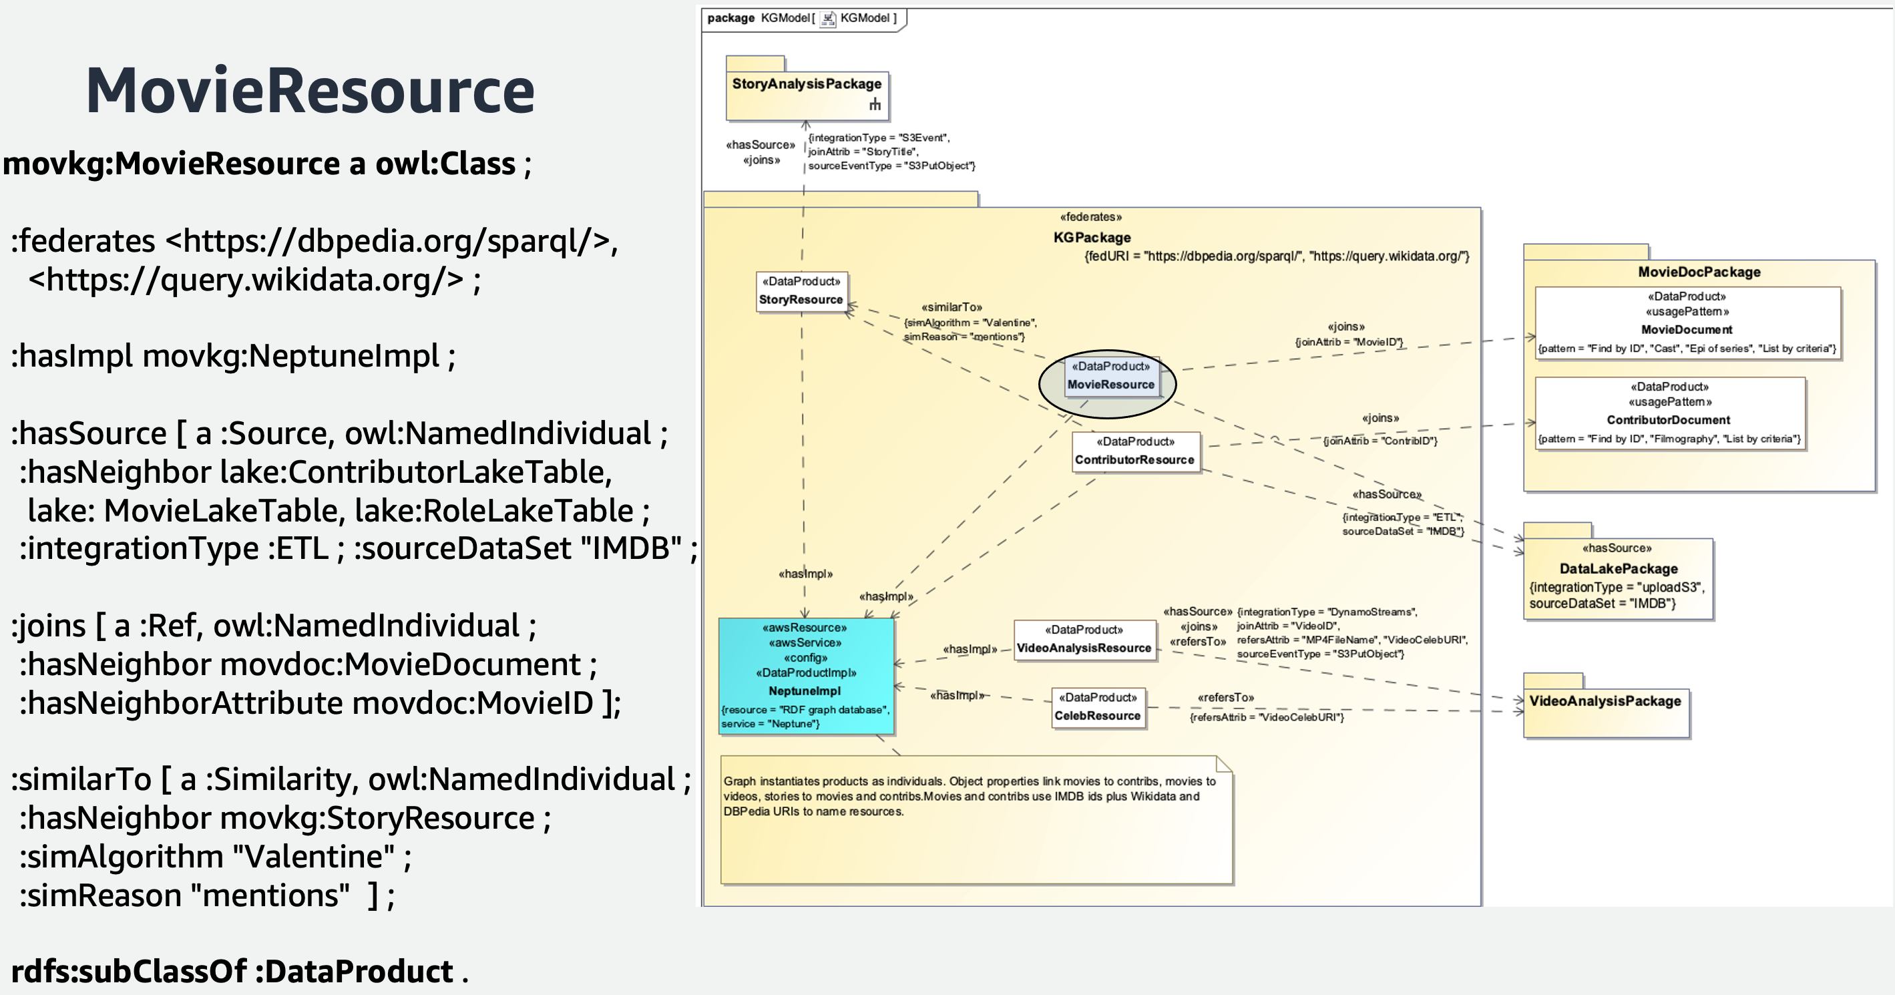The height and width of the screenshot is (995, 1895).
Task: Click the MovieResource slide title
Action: coord(310,91)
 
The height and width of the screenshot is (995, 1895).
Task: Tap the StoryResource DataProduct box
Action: coord(801,291)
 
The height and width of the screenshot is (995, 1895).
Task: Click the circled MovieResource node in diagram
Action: coord(1110,377)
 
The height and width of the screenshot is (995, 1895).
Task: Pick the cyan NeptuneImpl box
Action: coord(805,676)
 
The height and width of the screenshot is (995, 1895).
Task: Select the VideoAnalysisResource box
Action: coord(1084,640)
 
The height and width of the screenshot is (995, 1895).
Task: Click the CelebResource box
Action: coord(1097,708)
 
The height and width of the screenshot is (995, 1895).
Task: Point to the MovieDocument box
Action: coord(1686,323)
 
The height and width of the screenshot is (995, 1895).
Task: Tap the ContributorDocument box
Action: coord(1669,413)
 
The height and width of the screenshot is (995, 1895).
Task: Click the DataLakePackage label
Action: coord(1619,569)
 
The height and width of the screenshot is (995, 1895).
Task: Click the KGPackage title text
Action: coord(1092,238)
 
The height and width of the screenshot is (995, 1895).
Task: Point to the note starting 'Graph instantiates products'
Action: coord(971,817)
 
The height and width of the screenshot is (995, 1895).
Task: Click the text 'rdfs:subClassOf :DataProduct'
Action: coord(232,972)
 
